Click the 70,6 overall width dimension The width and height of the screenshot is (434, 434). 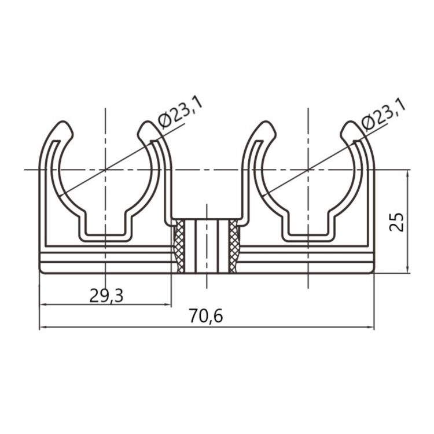pos(206,316)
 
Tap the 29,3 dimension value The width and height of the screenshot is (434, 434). pos(106,296)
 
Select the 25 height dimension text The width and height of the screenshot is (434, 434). pos(396,222)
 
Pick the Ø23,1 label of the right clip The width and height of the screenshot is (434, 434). pos(383,114)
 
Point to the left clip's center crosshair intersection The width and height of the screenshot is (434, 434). pos(105,170)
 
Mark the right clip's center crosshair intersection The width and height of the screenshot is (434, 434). pos(308,170)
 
